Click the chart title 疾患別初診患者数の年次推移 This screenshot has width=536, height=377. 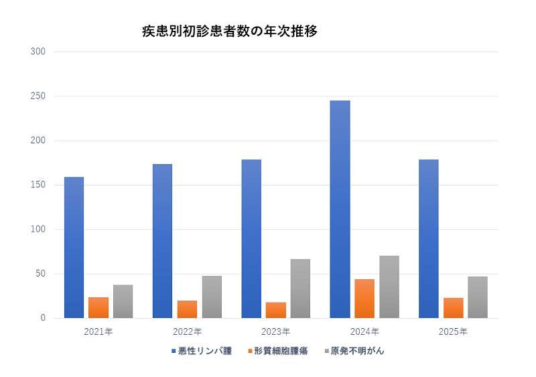click(x=229, y=31)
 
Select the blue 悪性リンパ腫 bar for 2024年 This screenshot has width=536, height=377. click(x=340, y=209)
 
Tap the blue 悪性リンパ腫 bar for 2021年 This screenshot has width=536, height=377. click(x=74, y=247)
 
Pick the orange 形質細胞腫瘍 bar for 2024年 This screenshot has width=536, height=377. click(x=364, y=299)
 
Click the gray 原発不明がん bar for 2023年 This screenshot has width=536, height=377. click(x=300, y=289)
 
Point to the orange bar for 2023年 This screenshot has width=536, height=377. click(x=275, y=310)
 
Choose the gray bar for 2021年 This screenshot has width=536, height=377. click(x=123, y=301)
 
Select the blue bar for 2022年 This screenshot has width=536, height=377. click(x=162, y=241)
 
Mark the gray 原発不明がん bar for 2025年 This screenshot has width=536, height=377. click(x=478, y=297)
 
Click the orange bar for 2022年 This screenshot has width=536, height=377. click(x=187, y=309)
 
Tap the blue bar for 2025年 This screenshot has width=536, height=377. click(x=428, y=238)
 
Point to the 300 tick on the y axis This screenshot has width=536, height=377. click(x=38, y=52)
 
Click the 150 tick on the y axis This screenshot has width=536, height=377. click(x=38, y=185)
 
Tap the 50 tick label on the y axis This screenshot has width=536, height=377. click(x=40, y=274)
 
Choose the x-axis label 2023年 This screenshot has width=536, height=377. click(x=275, y=331)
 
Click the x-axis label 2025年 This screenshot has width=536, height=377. click(x=453, y=331)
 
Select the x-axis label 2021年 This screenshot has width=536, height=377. click(x=98, y=331)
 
